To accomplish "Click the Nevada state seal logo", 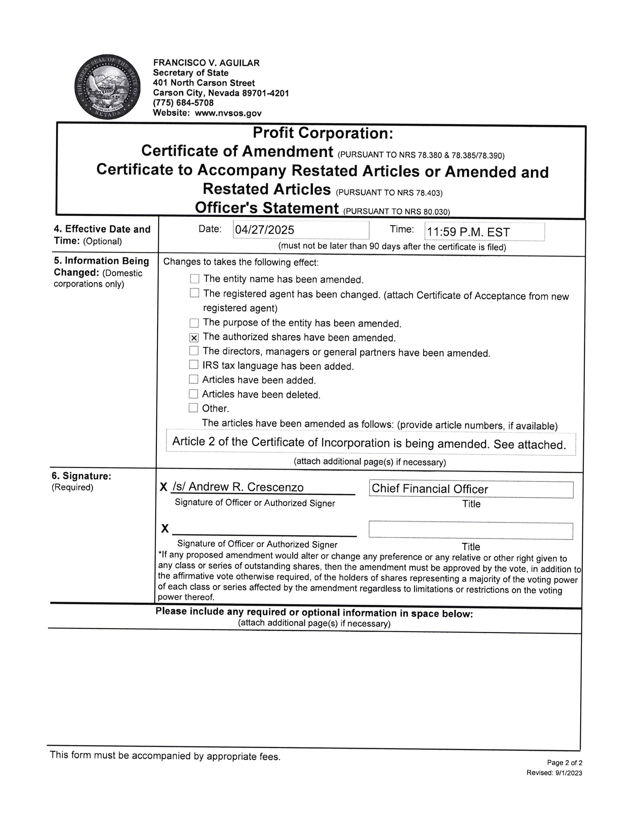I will (x=107, y=87).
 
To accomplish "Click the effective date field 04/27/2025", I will (x=301, y=230).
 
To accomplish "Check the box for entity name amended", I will (x=194, y=279).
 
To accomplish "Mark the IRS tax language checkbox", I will (x=194, y=365).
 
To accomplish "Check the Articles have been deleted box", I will (x=193, y=394).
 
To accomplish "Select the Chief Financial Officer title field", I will (x=471, y=489).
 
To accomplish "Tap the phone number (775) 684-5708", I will (x=183, y=103).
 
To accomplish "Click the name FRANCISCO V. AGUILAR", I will (x=206, y=63).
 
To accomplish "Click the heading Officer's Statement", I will (x=267, y=208).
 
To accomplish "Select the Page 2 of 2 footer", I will (x=564, y=762).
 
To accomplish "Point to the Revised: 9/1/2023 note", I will (x=554, y=773).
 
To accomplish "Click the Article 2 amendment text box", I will (x=371, y=444).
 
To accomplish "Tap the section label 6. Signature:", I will (x=81, y=476).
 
